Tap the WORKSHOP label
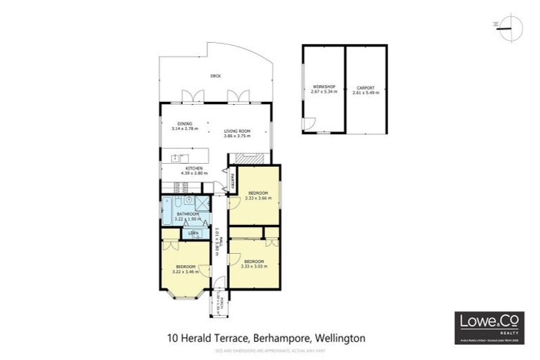coord(324,87)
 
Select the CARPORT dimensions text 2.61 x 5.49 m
coord(366,92)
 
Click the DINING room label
coord(184,124)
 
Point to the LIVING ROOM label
coord(237,131)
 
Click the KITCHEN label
coord(194,169)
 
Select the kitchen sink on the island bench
coord(185,158)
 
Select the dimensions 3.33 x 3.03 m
coord(254,266)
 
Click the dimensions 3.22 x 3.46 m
coord(186,271)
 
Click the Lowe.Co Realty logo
coord(488,325)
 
